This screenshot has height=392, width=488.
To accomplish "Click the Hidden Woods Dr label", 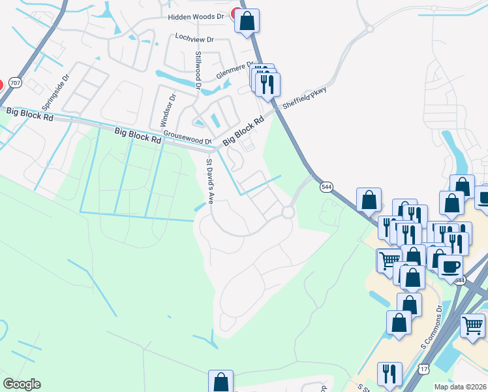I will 196,16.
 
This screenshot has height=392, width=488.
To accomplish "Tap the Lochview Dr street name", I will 194,39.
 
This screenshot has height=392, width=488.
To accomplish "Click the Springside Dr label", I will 55,91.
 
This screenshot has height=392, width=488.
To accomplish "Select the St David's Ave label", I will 211,182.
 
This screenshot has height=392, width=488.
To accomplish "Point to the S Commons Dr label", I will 439,317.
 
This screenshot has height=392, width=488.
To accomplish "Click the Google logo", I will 22,384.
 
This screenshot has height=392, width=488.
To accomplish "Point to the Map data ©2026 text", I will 461,386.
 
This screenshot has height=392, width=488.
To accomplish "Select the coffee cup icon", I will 450,267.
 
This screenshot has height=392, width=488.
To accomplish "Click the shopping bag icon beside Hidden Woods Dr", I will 247,21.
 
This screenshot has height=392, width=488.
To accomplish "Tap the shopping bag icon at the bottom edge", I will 221,382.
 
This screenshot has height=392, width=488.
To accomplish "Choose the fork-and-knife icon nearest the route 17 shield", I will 389,374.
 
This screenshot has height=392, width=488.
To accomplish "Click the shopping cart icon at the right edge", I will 472,325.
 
